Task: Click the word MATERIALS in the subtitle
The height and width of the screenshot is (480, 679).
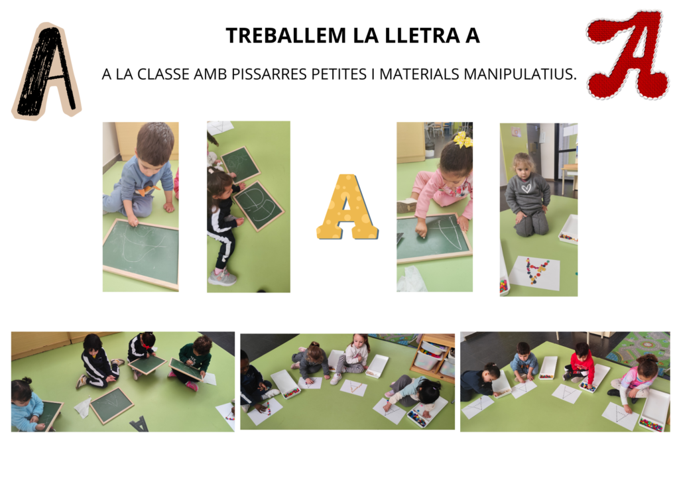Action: [419, 74]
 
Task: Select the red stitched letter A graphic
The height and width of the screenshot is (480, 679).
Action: [627, 54]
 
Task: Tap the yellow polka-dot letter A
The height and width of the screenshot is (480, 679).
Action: [347, 207]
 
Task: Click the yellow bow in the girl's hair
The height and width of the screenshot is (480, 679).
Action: [462, 139]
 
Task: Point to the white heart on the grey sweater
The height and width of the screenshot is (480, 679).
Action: [526, 188]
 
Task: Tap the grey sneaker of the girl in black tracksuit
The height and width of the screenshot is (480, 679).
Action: [222, 277]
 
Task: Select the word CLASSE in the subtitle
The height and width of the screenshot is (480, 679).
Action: [164, 74]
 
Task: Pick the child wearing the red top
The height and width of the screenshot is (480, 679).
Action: [581, 365]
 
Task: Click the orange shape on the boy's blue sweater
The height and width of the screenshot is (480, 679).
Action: [149, 190]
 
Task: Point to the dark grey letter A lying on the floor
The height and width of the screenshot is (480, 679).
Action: [139, 424]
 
